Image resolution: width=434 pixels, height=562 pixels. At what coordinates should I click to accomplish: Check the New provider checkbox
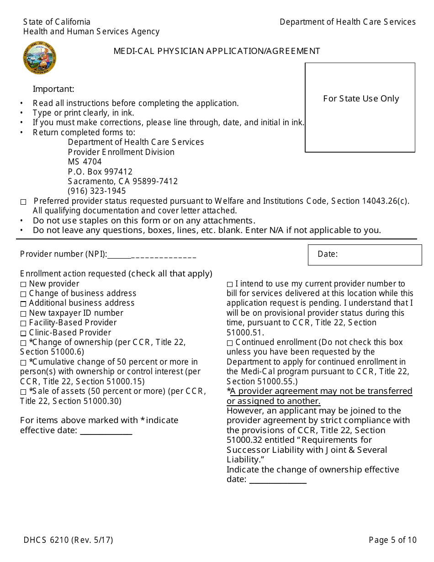pos(23,284)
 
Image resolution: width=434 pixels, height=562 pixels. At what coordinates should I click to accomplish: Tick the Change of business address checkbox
pos(23,294)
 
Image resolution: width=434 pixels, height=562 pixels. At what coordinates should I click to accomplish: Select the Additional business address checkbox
pos(23,303)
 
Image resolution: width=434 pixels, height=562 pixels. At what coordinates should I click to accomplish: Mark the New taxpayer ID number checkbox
pos(23,313)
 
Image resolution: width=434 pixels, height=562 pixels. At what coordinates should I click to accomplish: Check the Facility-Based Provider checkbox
pos(23,323)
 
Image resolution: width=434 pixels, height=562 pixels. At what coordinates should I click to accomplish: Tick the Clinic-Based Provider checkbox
pos(23,333)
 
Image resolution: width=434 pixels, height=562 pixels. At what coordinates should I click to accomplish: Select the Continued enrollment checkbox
pos(230,343)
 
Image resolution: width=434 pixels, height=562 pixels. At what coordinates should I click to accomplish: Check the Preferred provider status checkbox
pos(23,201)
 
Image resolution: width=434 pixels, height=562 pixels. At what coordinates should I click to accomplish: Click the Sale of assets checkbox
pos(23,392)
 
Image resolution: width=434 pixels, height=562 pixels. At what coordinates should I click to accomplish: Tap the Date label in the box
pos(328,254)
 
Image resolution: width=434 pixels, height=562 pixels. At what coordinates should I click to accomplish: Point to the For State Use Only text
pos(361,99)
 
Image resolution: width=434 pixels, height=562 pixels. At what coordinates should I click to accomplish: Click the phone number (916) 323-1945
pos(97,191)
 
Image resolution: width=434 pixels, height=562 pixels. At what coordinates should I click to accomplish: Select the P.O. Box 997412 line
pos(100,172)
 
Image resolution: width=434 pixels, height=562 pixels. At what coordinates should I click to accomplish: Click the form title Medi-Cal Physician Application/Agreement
pos(217,51)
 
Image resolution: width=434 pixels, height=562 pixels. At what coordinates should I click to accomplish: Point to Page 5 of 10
pos(392,540)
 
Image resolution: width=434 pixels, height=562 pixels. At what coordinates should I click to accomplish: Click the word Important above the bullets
pos(53,89)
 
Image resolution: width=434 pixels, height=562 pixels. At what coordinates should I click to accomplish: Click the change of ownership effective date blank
pos(278,480)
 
